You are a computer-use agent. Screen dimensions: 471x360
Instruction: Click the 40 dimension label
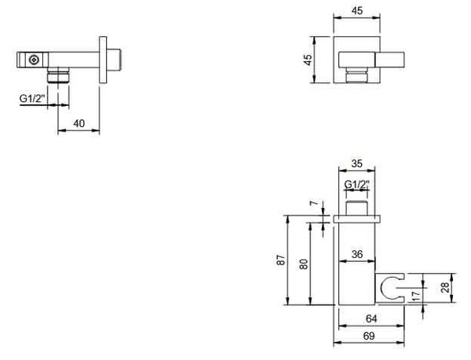79,123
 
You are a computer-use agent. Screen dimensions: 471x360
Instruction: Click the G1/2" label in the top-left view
32,98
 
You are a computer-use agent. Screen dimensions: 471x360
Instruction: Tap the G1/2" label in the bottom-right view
356,184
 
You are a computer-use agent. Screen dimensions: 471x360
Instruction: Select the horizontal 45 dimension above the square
357,11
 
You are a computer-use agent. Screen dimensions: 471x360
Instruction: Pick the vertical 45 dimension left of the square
308,60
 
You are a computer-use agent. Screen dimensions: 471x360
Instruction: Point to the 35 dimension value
357,164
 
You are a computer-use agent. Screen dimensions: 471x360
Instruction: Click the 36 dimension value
357,254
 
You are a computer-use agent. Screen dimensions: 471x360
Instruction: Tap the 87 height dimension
280,260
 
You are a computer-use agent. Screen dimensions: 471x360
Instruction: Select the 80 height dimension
304,264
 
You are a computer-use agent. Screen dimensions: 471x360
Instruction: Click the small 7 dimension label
313,203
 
